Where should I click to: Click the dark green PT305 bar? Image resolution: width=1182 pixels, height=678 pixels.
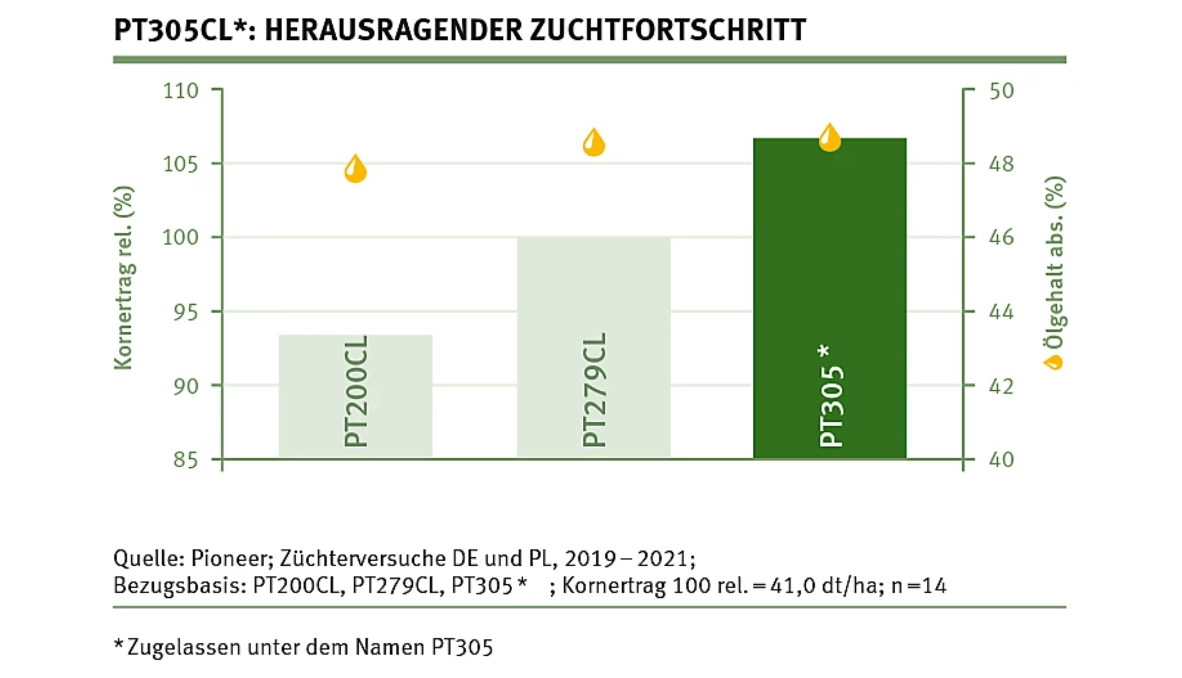tap(829, 298)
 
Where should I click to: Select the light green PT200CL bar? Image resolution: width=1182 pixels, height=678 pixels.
tap(355, 396)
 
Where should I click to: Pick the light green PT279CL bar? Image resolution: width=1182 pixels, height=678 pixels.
tap(594, 347)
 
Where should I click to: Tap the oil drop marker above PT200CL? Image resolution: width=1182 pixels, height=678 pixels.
tap(355, 169)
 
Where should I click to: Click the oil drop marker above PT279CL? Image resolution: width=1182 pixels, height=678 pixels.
tap(594, 143)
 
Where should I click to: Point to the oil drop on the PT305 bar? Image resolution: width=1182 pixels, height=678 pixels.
tap(829, 138)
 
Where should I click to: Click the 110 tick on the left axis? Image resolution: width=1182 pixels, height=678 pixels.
tap(181, 91)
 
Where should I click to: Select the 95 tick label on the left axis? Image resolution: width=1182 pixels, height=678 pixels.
tap(186, 312)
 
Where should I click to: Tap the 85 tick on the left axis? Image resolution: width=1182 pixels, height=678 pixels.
tap(186, 460)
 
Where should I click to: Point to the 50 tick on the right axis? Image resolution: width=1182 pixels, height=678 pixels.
tap(1001, 91)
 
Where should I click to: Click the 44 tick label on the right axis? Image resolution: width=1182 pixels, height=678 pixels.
tap(1001, 312)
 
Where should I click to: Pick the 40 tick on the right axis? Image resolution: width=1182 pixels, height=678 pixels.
tap(1001, 460)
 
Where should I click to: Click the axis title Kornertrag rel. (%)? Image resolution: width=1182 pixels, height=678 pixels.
tap(124, 278)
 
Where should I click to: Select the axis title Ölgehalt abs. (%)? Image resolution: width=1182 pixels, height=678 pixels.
tap(1054, 263)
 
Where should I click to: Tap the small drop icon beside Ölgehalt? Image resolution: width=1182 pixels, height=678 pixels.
tap(1054, 362)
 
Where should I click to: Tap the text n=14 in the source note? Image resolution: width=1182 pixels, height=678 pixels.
tap(919, 586)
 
